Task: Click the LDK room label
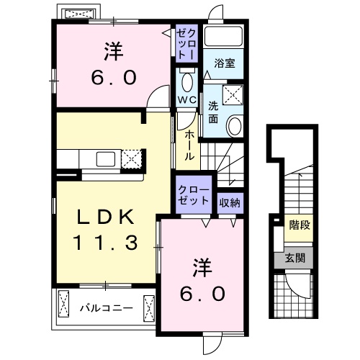pyautogui.click(x=106, y=217)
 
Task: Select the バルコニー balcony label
pyautogui.click(x=105, y=307)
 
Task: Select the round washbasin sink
pyautogui.click(x=234, y=127)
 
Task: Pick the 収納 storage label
pyautogui.click(x=230, y=202)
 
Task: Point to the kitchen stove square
pyautogui.click(x=131, y=158)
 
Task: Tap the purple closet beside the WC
pyautogui.click(x=186, y=44)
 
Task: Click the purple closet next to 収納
pyautogui.click(x=194, y=194)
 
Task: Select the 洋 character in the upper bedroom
pyautogui.click(x=114, y=51)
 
